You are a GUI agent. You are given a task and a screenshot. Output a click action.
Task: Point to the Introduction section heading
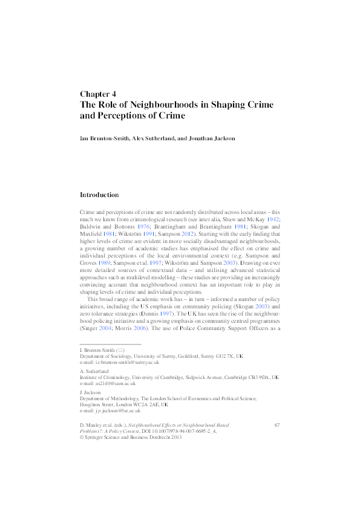pos(99,195)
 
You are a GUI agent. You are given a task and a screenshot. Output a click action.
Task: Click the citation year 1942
pos(274,220)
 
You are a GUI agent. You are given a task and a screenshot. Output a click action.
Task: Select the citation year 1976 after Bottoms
pos(143,227)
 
